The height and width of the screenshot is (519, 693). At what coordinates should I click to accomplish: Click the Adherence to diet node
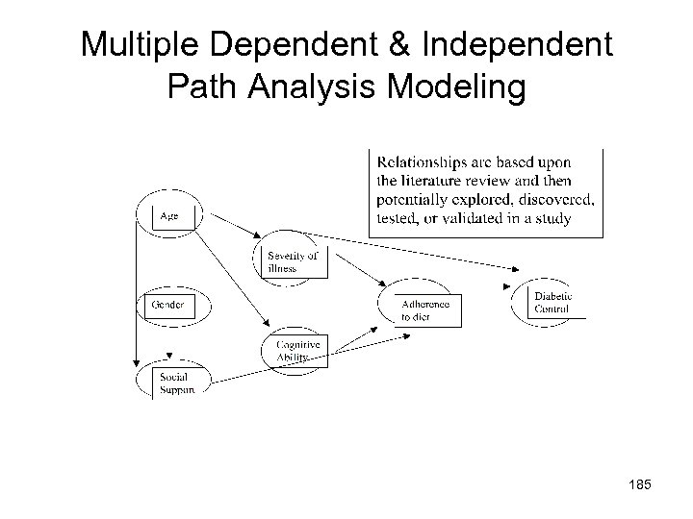tap(424, 309)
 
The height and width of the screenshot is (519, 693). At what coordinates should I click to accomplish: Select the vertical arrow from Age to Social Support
tap(137, 288)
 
